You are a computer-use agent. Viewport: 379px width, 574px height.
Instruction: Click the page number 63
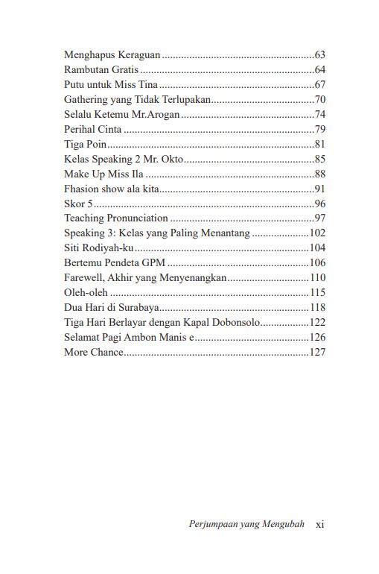[320, 54]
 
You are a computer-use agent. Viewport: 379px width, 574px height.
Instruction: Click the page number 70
[320, 99]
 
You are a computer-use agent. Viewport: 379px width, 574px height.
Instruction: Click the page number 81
[320, 144]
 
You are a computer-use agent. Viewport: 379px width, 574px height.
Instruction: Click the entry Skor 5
[77, 204]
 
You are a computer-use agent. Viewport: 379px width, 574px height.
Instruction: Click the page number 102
[317, 233]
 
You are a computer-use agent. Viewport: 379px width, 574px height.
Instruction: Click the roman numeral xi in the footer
[320, 524]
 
